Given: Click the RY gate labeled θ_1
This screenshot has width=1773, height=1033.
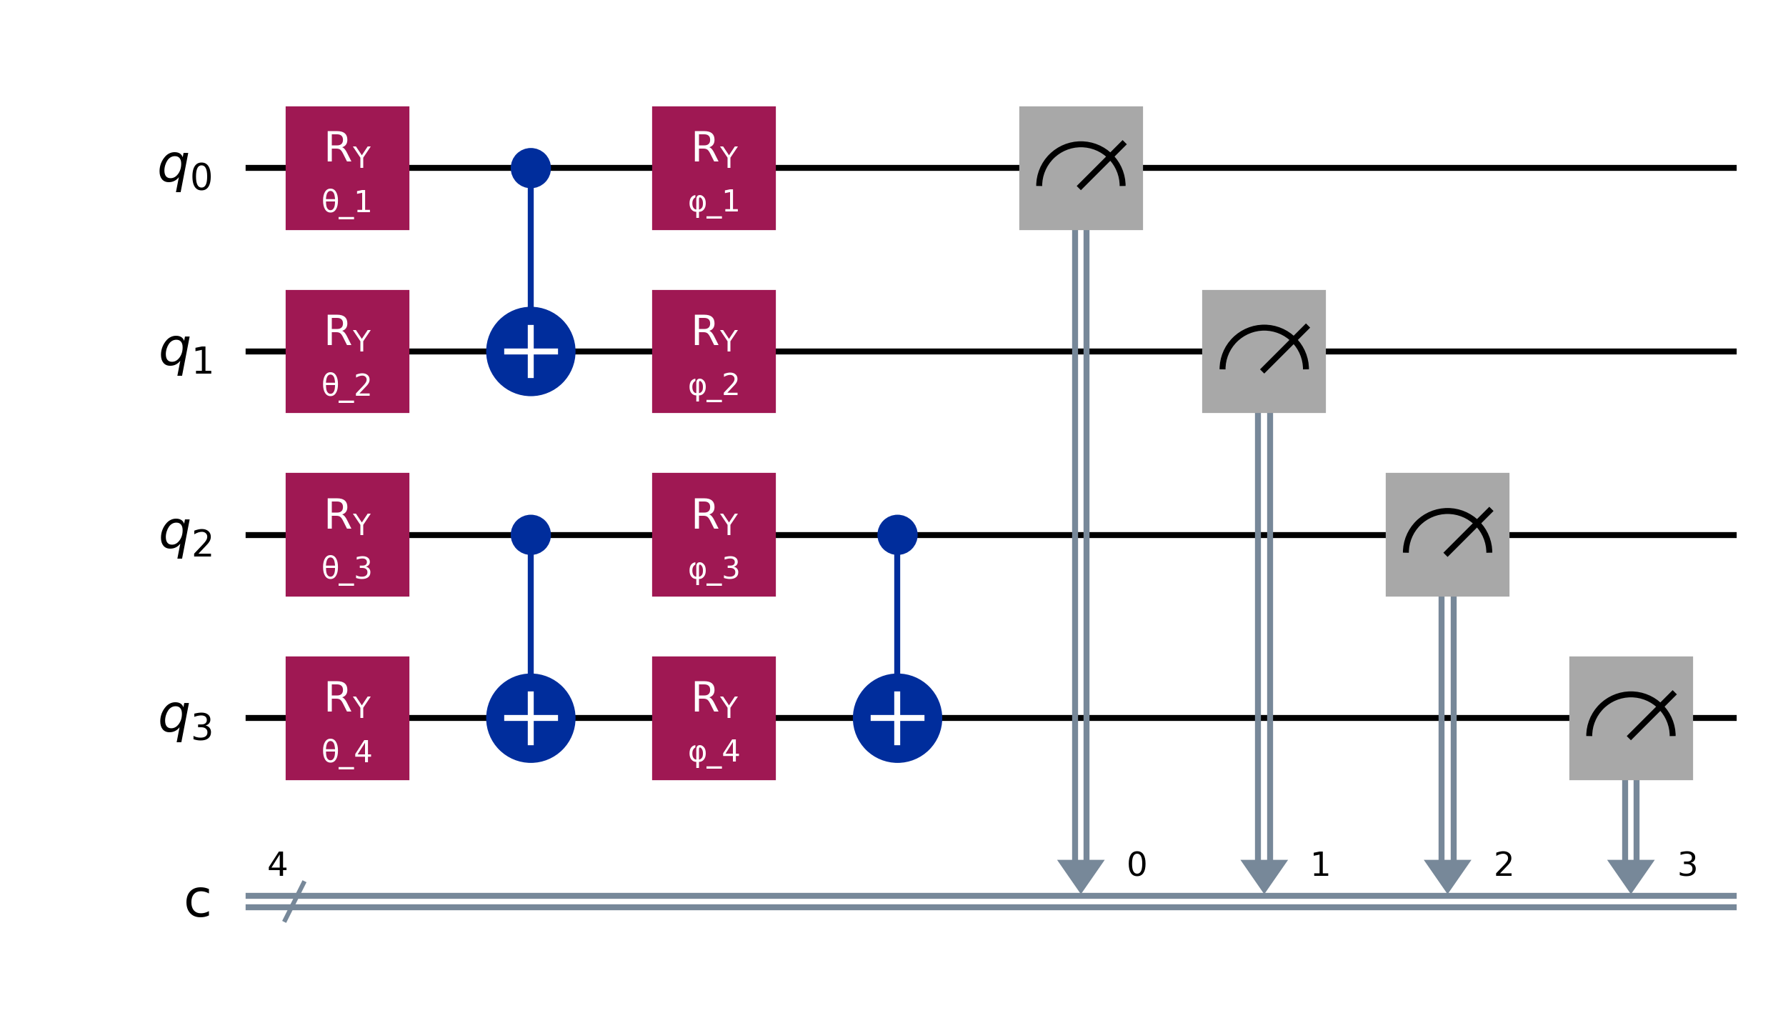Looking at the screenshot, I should tap(347, 168).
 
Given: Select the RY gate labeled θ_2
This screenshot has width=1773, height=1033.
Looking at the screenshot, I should tap(347, 351).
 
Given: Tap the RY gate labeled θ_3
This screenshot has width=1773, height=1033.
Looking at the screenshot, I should tap(347, 534).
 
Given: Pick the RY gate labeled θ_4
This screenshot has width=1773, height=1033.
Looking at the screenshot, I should tap(347, 718).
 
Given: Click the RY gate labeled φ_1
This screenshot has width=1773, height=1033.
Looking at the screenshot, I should tap(714, 168).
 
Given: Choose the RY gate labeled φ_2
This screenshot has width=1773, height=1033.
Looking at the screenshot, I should tap(714, 351).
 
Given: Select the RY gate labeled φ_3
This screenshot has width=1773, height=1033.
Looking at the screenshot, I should tap(714, 534).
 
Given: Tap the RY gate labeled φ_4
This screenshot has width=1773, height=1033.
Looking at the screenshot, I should tap(714, 718).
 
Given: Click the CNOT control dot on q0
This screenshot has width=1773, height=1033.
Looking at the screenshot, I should tap(531, 168).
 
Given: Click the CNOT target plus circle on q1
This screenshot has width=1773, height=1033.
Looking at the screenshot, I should tap(531, 351).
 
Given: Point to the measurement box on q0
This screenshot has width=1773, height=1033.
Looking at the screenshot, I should tap(1081, 168).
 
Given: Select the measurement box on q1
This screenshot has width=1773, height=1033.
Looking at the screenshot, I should tap(1264, 351).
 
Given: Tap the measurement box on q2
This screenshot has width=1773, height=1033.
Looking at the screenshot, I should tap(1447, 534).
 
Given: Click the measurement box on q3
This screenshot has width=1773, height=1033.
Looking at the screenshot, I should tap(1631, 718).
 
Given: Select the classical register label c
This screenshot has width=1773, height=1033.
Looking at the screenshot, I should tap(197, 902).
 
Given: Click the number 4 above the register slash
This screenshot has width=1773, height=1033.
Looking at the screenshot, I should tap(277, 865).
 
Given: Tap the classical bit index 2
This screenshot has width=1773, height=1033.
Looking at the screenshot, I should tap(1504, 865).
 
